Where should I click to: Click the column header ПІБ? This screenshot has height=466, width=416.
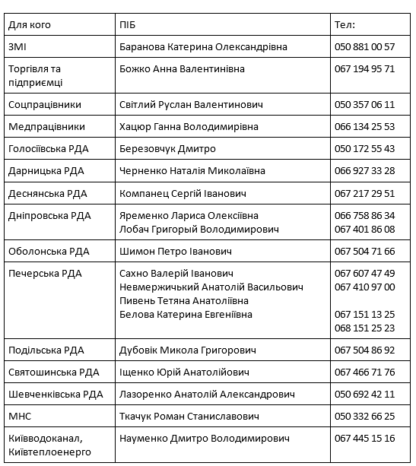(128, 24)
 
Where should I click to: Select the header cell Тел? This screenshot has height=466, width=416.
(345, 24)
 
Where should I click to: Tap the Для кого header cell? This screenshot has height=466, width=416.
(30, 24)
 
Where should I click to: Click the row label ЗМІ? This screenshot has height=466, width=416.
(17, 46)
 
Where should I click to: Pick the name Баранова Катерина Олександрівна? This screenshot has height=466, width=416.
(203, 46)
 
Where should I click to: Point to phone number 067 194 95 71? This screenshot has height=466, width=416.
(364, 68)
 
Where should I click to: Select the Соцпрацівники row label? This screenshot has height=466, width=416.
(44, 104)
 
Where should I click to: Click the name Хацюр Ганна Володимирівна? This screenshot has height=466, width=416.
(189, 126)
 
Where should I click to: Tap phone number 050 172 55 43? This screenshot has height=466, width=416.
(364, 148)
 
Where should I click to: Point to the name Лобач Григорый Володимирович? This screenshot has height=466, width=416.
(195, 228)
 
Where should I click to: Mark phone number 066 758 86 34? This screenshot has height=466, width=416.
(364, 215)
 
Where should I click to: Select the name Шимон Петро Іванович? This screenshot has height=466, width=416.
(176, 251)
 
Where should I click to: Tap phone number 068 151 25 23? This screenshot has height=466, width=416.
(364, 328)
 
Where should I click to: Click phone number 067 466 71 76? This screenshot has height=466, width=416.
(364, 372)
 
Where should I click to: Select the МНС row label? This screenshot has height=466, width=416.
(19, 417)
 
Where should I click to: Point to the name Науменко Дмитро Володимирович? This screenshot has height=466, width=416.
(205, 439)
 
